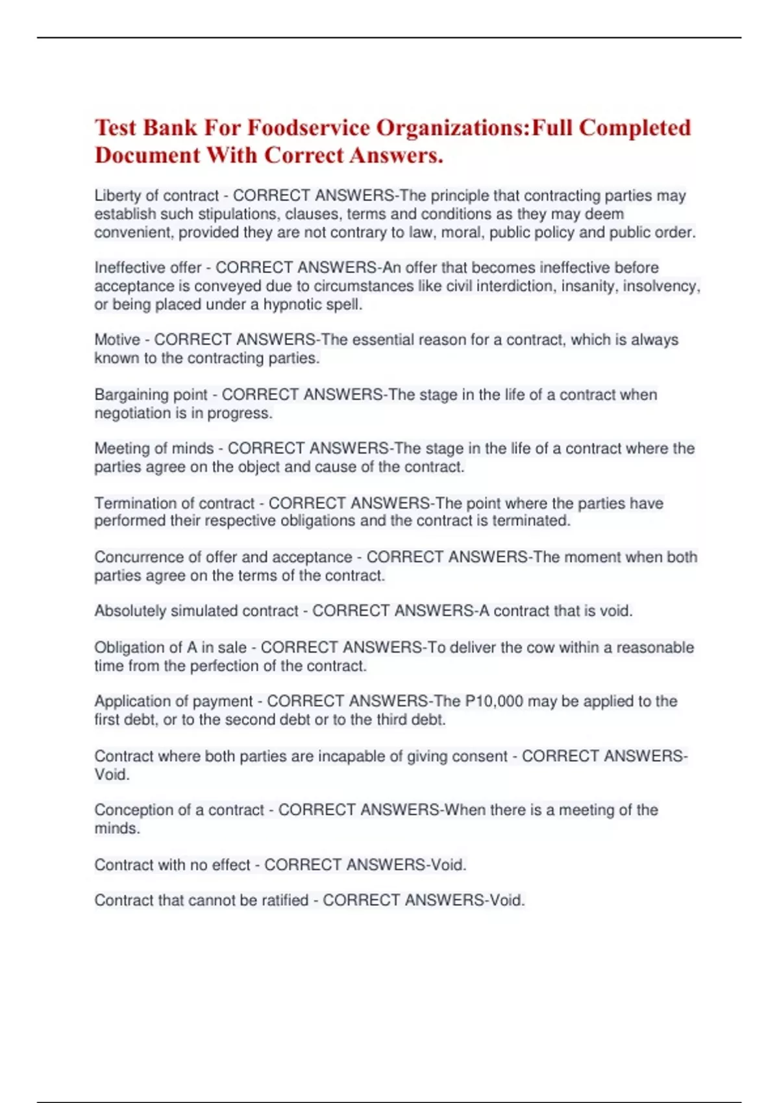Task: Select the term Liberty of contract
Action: (x=156, y=196)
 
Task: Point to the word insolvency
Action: (x=661, y=286)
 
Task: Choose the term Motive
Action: (x=117, y=340)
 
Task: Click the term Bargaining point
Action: (x=151, y=394)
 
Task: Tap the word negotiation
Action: (x=132, y=413)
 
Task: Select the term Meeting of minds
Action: (x=154, y=448)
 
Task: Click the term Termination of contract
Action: (x=174, y=503)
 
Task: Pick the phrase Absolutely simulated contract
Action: (x=196, y=611)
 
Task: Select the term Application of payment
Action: (x=173, y=701)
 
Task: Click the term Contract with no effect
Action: (x=172, y=865)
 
